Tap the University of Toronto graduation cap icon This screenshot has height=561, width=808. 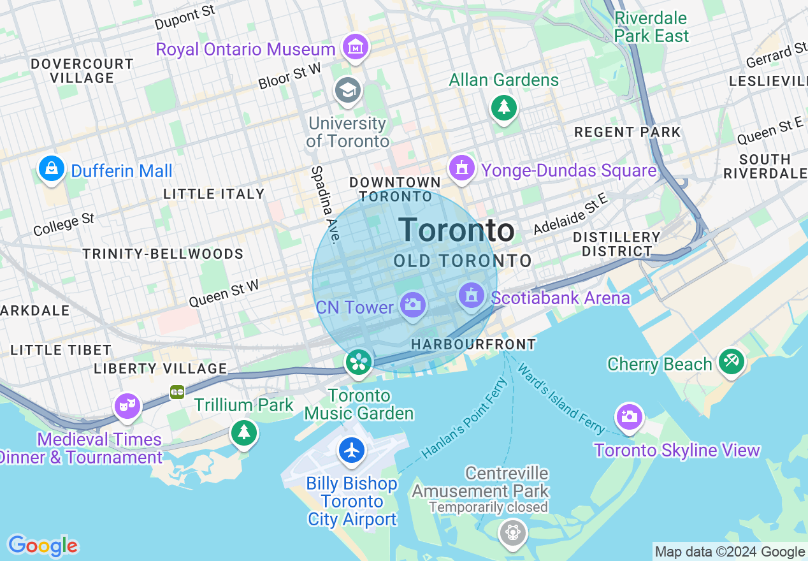click(x=348, y=90)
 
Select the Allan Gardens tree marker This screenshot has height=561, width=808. click(x=503, y=107)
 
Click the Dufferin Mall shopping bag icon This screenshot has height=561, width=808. click(x=52, y=169)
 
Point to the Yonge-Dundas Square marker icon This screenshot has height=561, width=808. click(x=462, y=168)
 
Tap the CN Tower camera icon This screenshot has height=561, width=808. click(x=413, y=304)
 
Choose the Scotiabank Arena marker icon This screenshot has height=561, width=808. click(x=472, y=296)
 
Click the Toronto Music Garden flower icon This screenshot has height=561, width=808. click(x=358, y=363)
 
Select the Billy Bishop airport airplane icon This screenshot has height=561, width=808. click(x=351, y=450)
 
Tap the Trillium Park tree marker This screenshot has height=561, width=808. click(x=243, y=433)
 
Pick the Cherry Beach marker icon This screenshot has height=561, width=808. click(x=732, y=361)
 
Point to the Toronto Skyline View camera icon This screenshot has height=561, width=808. click(x=629, y=417)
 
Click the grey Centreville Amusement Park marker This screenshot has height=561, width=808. click(x=513, y=532)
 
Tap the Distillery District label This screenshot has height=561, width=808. click(x=616, y=244)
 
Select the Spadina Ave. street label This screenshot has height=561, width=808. click(x=324, y=205)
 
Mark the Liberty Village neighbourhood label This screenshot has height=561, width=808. click(x=160, y=368)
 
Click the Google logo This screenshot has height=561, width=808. click(x=43, y=546)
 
